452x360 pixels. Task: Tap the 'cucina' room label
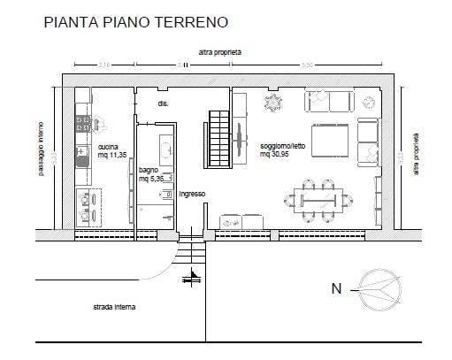[109, 148]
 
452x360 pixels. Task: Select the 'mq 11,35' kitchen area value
[112, 156]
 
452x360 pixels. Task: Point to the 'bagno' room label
[148, 171]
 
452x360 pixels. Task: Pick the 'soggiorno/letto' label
[282, 147]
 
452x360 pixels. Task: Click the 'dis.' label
[163, 104]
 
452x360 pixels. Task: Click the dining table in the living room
[319, 199]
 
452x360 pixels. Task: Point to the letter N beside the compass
[335, 288]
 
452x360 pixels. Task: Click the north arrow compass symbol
[377, 287]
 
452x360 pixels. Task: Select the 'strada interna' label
[115, 309]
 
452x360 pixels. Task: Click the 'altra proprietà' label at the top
[220, 52]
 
